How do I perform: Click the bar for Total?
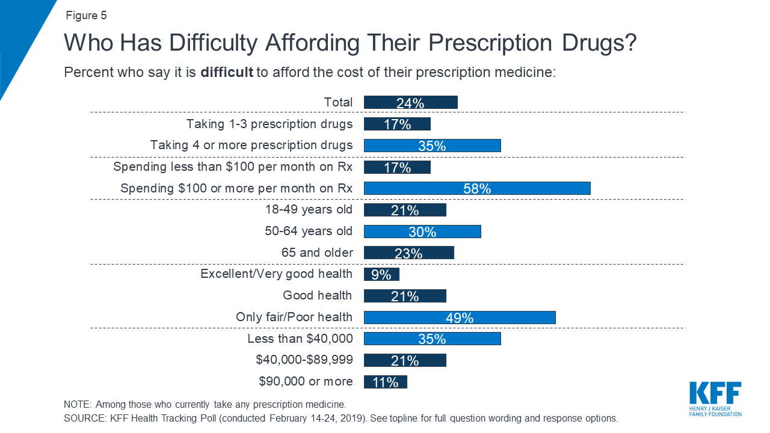pyautogui.click(x=410, y=102)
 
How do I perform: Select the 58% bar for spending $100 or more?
pyautogui.click(x=477, y=188)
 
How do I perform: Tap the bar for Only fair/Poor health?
pyautogui.click(x=460, y=317)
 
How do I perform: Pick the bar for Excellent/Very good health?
pyautogui.click(x=381, y=274)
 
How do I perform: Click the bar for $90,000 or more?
pyautogui.click(x=386, y=382)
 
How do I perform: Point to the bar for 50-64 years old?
pyautogui.click(x=422, y=232)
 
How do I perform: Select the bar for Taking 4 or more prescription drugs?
pyautogui.click(x=432, y=146)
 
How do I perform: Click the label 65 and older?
pyautogui.click(x=317, y=253)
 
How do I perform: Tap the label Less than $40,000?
pyautogui.click(x=300, y=339)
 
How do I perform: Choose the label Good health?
pyautogui.click(x=318, y=295)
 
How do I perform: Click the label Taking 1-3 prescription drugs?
pyautogui.click(x=269, y=124)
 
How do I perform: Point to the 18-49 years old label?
pyautogui.click(x=309, y=210)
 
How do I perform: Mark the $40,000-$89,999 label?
pyautogui.click(x=304, y=360)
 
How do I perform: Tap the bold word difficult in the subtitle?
pyautogui.click(x=227, y=73)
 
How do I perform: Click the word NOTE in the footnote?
pyautogui.click(x=77, y=404)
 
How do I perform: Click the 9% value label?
pyautogui.click(x=381, y=275)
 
